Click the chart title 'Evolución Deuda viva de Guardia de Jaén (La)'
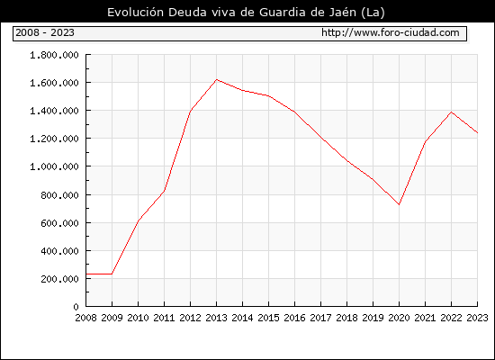(x=246, y=13)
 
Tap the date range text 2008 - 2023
(x=45, y=32)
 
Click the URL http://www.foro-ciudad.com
(x=391, y=32)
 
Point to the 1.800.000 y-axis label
(x=54, y=55)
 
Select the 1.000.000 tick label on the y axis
(x=54, y=166)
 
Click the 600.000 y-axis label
(x=59, y=223)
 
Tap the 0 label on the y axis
(x=76, y=307)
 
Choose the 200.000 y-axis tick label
(x=59, y=279)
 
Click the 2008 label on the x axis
(x=85, y=318)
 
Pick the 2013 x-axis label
(x=216, y=318)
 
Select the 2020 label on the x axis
(x=399, y=318)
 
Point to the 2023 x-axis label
(x=477, y=318)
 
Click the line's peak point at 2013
(x=216, y=79)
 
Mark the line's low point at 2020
(x=399, y=204)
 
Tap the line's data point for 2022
(x=452, y=112)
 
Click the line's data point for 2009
(x=112, y=274)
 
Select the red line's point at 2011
(x=164, y=191)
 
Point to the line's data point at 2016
(x=294, y=112)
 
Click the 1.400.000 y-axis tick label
(x=54, y=111)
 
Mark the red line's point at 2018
(x=346, y=161)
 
